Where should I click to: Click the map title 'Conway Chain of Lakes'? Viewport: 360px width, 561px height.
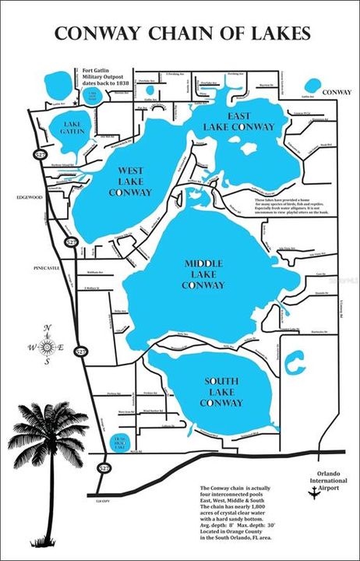180,34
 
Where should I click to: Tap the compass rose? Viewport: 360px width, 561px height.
47,345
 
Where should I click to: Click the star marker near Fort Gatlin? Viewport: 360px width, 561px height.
74,102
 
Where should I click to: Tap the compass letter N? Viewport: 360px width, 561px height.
47,326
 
